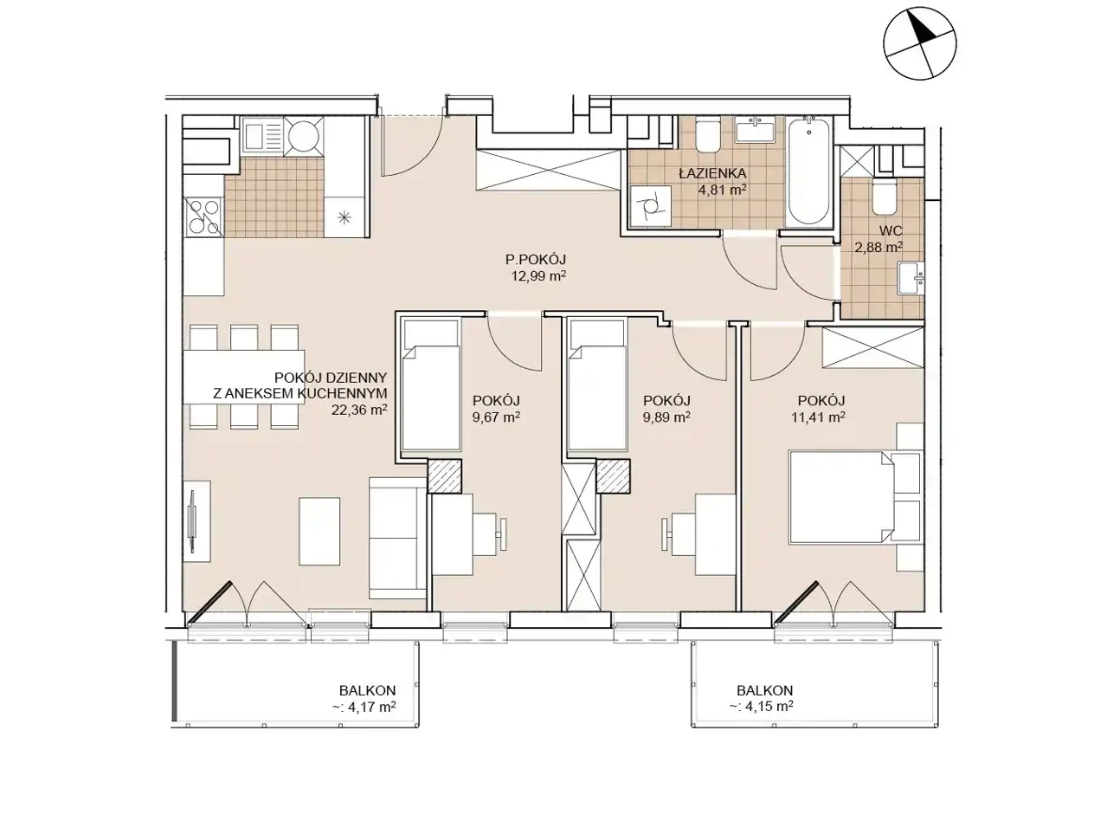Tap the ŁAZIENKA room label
point(712,173)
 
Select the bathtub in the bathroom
point(808,171)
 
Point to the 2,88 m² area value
point(879,247)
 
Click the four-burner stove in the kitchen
point(203,217)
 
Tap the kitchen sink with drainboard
point(261,134)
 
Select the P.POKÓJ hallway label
point(536,259)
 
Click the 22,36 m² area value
point(359,410)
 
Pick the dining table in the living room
point(243,377)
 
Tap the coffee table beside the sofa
point(319,531)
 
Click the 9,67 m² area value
point(496,417)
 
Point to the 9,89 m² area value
point(666,417)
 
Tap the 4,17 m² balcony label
point(364,707)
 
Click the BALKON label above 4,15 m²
point(764,690)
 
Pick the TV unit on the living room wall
point(196,521)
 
